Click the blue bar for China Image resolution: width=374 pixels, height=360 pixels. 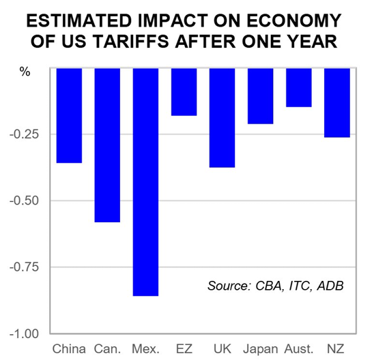[x=69, y=115]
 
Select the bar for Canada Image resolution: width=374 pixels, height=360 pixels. [x=107, y=145]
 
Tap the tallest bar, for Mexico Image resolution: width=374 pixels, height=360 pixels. [x=145, y=182]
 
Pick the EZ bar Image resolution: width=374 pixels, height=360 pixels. [x=184, y=91]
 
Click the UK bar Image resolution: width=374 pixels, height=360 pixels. [x=222, y=117]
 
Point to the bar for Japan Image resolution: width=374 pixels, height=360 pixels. [x=260, y=96]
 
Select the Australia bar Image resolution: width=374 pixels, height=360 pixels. [x=298, y=87]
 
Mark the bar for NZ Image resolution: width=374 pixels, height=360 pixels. [x=336, y=103]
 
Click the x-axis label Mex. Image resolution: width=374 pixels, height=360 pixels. [x=145, y=349]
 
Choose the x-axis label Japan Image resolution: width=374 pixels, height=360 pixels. [x=260, y=349]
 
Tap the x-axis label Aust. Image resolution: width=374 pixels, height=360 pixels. [x=298, y=349]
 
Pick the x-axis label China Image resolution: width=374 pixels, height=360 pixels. [x=69, y=349]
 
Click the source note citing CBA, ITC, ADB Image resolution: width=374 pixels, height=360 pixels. [x=275, y=284]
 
